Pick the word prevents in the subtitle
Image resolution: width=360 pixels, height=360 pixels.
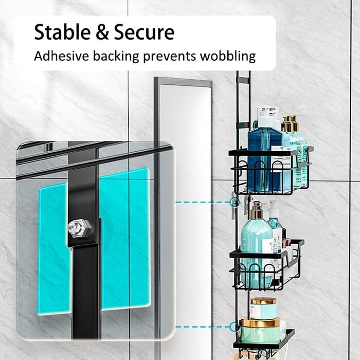tap(178, 56)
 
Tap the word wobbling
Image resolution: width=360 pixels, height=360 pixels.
tap(232, 56)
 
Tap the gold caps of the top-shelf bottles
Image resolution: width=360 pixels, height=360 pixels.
tap(290, 124)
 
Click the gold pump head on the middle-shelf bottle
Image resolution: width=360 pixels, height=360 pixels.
tap(256, 208)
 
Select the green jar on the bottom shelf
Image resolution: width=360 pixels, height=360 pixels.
tap(259, 332)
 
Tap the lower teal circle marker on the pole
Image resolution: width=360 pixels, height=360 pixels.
tap(235, 326)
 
